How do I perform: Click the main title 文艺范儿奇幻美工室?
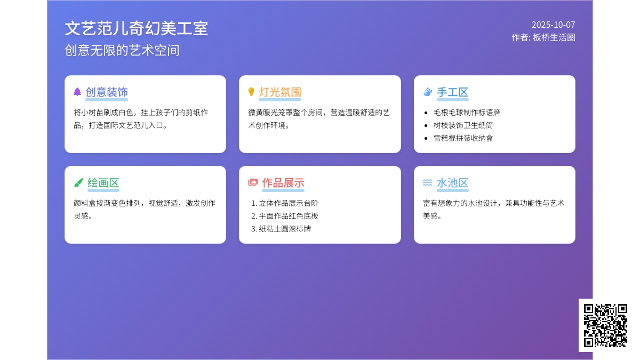click(x=137, y=28)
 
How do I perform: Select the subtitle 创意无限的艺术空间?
click(x=122, y=50)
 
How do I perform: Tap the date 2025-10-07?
click(x=553, y=25)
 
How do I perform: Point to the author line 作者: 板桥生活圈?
click(x=543, y=37)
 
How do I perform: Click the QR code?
click(x=605, y=325)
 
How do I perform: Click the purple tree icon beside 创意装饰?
click(x=77, y=92)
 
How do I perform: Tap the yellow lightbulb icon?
click(x=251, y=92)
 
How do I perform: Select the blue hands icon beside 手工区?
click(x=427, y=92)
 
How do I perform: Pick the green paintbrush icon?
click(x=78, y=182)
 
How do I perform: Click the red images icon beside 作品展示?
click(x=253, y=182)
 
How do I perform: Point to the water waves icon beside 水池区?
click(x=427, y=182)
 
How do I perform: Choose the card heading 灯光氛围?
click(x=280, y=92)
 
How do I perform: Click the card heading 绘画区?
click(x=103, y=183)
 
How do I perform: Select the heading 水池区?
click(x=453, y=183)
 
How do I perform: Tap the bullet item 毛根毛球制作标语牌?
click(x=467, y=113)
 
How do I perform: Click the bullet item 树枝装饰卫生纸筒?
click(x=463, y=125)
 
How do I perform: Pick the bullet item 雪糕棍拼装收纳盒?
click(x=463, y=138)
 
